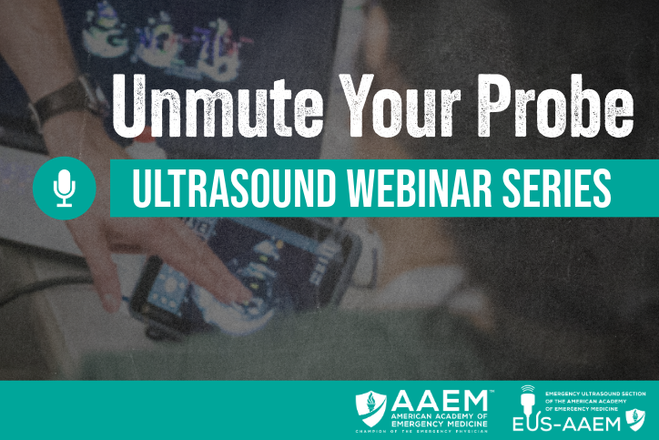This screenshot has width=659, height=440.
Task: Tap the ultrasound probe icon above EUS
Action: pyautogui.click(x=525, y=400)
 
